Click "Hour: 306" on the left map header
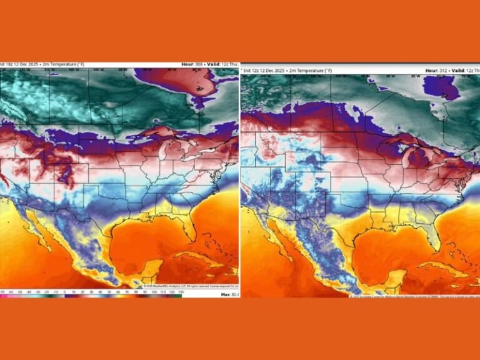(x=192, y=64)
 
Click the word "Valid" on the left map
(x=216, y=64)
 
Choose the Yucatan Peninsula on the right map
(x=390, y=269)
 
